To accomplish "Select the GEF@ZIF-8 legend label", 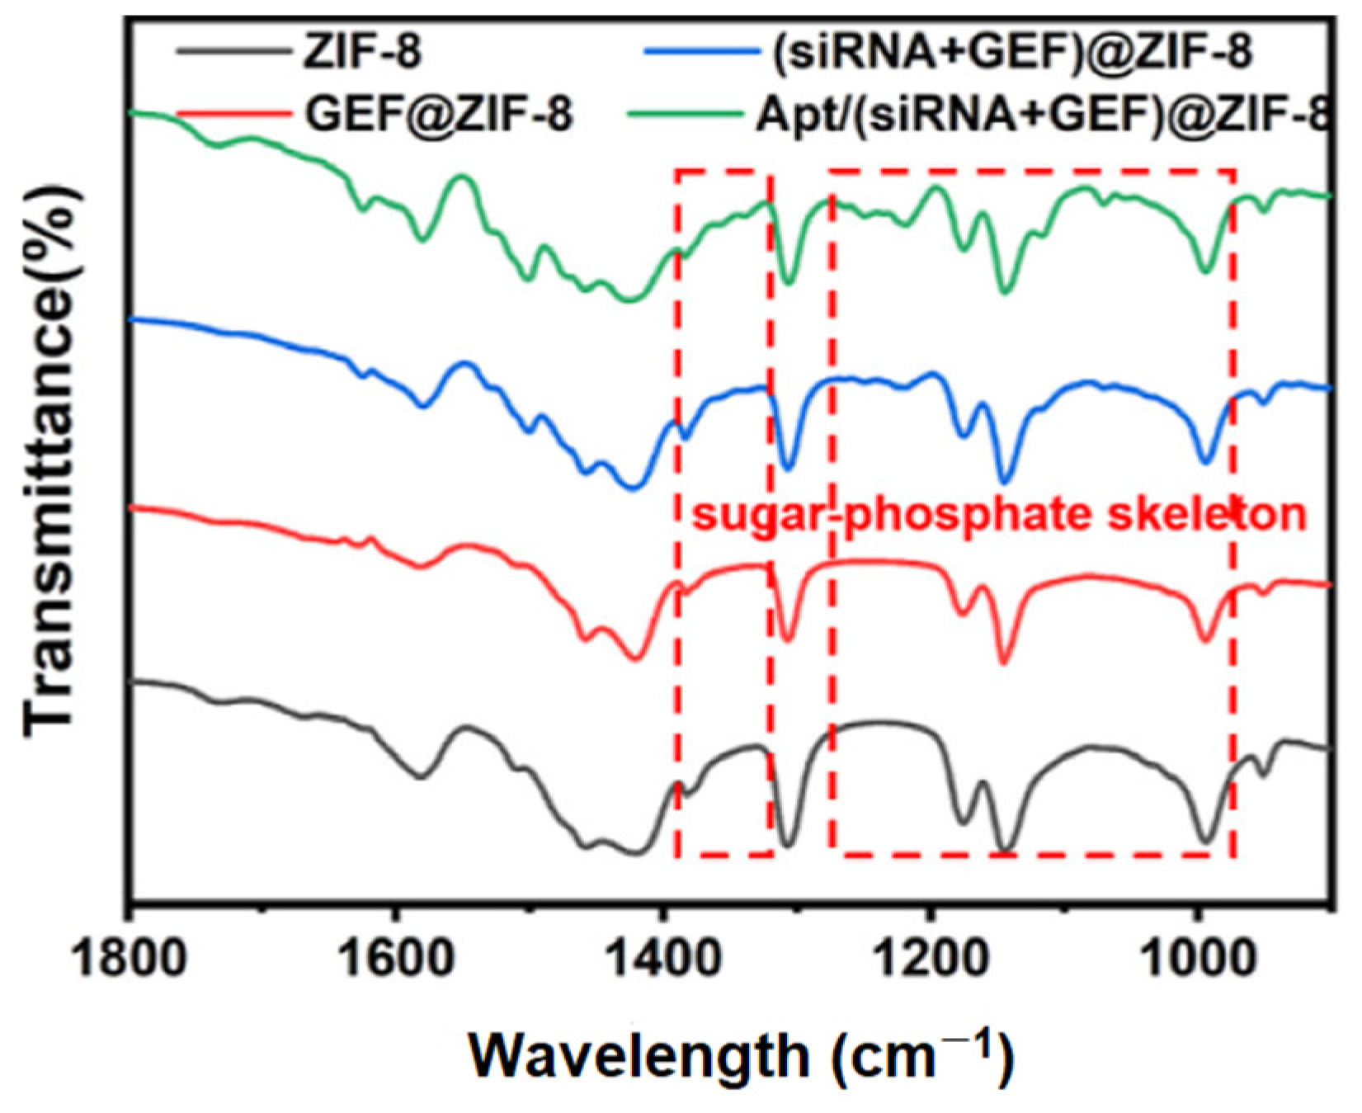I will (438, 114).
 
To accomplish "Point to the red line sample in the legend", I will (233, 114).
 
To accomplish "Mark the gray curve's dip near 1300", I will (787, 845).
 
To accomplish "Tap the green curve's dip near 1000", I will (1206, 271).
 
